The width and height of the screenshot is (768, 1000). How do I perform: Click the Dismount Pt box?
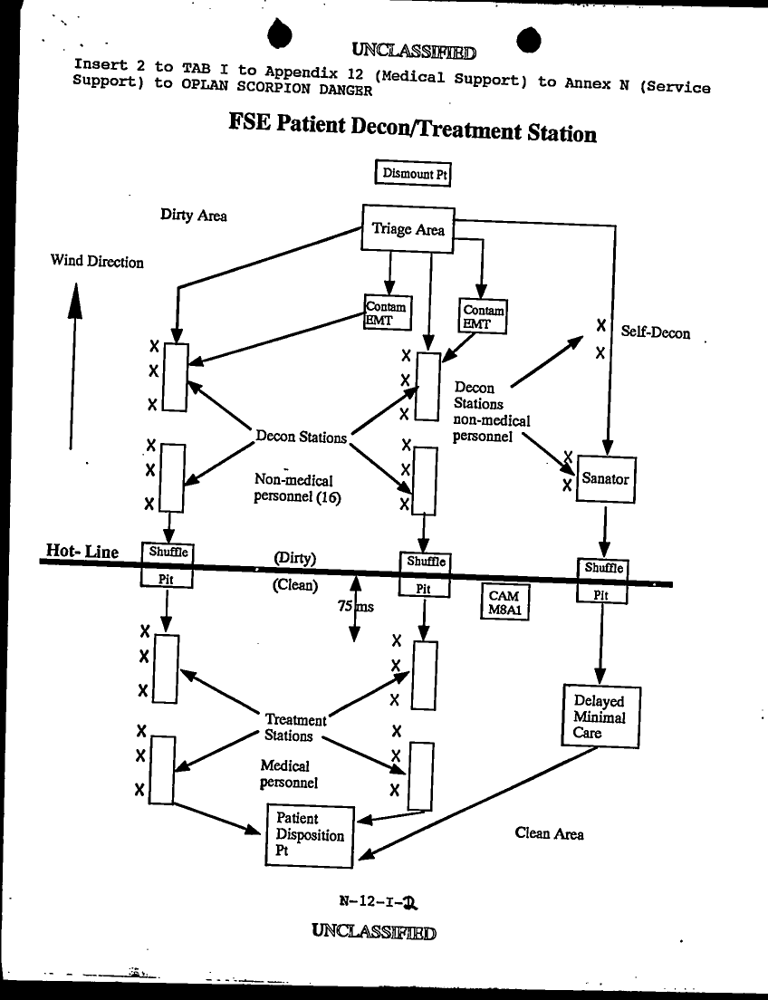click(413, 173)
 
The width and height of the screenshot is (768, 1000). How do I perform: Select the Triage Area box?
click(408, 229)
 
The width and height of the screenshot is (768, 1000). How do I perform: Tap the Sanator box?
click(605, 478)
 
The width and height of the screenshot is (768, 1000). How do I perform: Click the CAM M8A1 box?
click(504, 602)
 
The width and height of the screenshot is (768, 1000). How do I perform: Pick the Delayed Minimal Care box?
click(599, 716)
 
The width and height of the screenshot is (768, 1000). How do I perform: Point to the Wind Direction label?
click(97, 262)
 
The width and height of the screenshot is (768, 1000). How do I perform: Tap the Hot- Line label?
click(82, 552)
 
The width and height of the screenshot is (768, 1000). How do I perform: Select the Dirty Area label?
click(194, 216)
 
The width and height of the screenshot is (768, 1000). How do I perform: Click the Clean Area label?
click(549, 833)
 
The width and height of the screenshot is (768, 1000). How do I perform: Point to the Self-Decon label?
click(656, 333)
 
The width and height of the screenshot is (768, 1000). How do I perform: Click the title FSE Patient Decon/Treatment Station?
click(413, 130)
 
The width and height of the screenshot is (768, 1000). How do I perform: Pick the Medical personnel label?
click(289, 774)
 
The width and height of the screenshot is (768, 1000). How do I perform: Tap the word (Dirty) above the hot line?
click(294, 558)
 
